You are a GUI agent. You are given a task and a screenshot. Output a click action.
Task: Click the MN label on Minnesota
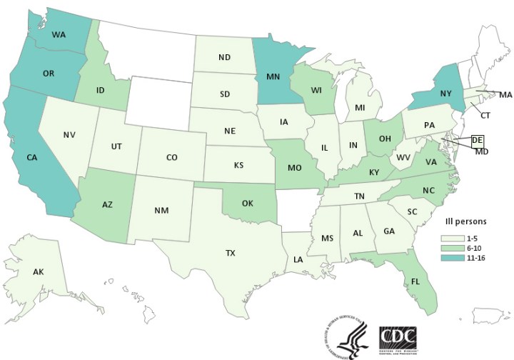point(272,74)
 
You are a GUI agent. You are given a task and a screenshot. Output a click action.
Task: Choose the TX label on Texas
point(230,253)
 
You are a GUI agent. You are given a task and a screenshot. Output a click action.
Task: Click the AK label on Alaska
point(41,272)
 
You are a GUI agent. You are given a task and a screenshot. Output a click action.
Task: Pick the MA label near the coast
point(505,94)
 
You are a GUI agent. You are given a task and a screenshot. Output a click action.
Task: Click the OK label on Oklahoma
point(248,202)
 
